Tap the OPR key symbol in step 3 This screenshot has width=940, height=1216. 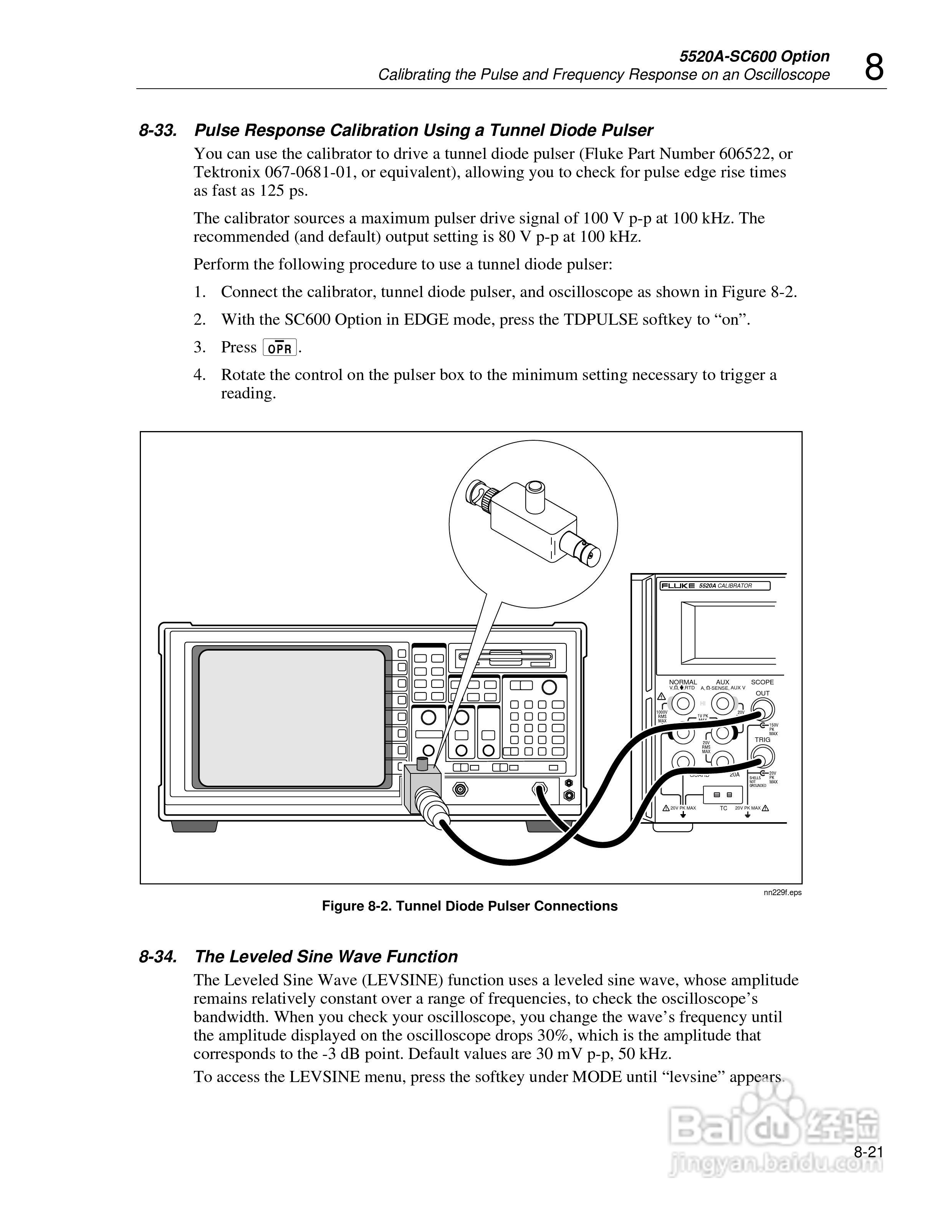pos(280,348)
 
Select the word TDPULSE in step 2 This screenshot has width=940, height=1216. pos(600,320)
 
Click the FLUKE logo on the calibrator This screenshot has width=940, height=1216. pos(678,586)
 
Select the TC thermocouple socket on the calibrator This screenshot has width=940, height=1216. pos(723,795)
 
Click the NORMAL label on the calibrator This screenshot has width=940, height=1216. pos(683,682)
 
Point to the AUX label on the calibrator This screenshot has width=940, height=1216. pos(722,682)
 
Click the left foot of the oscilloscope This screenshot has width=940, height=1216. pos(194,827)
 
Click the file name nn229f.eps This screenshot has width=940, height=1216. pos(783,892)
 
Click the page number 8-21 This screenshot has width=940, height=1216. pos(869,1153)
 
